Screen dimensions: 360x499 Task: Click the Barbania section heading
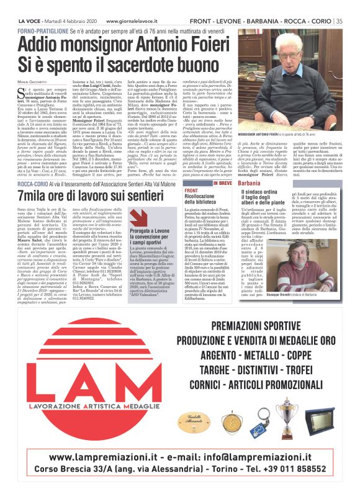[250, 167]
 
